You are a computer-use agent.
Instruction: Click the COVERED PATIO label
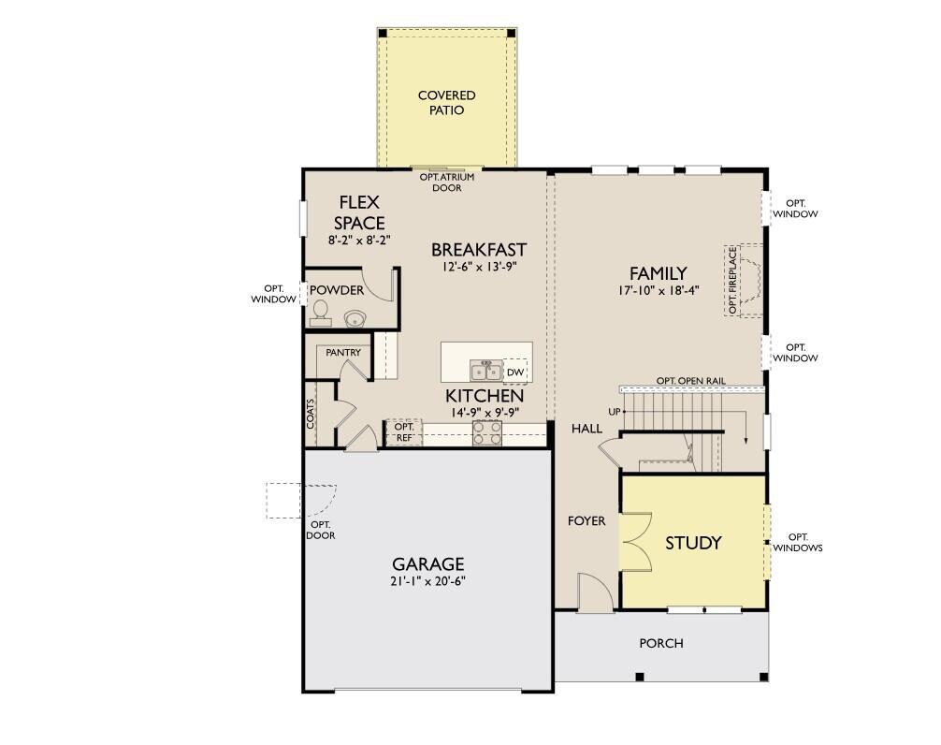[446, 103]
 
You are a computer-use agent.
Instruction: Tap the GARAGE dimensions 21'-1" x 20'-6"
[427, 581]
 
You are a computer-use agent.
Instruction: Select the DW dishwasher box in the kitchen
[514, 372]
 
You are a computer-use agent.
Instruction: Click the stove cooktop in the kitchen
[486, 432]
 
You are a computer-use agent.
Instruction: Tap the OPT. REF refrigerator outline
[404, 432]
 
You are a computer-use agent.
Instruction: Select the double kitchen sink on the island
[485, 371]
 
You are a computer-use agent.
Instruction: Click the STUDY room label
[693, 543]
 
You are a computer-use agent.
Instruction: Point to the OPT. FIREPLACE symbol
[744, 281]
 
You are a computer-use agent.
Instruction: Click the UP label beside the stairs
[615, 411]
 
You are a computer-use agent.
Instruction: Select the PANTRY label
[343, 353]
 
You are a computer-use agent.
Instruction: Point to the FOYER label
[586, 520]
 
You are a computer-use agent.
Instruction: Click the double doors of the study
[637, 542]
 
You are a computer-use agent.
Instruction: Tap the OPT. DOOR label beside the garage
[321, 530]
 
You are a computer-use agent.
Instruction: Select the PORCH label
[660, 643]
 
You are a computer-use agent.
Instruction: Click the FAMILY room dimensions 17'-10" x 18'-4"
[659, 291]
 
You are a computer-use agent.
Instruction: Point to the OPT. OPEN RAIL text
[690, 380]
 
